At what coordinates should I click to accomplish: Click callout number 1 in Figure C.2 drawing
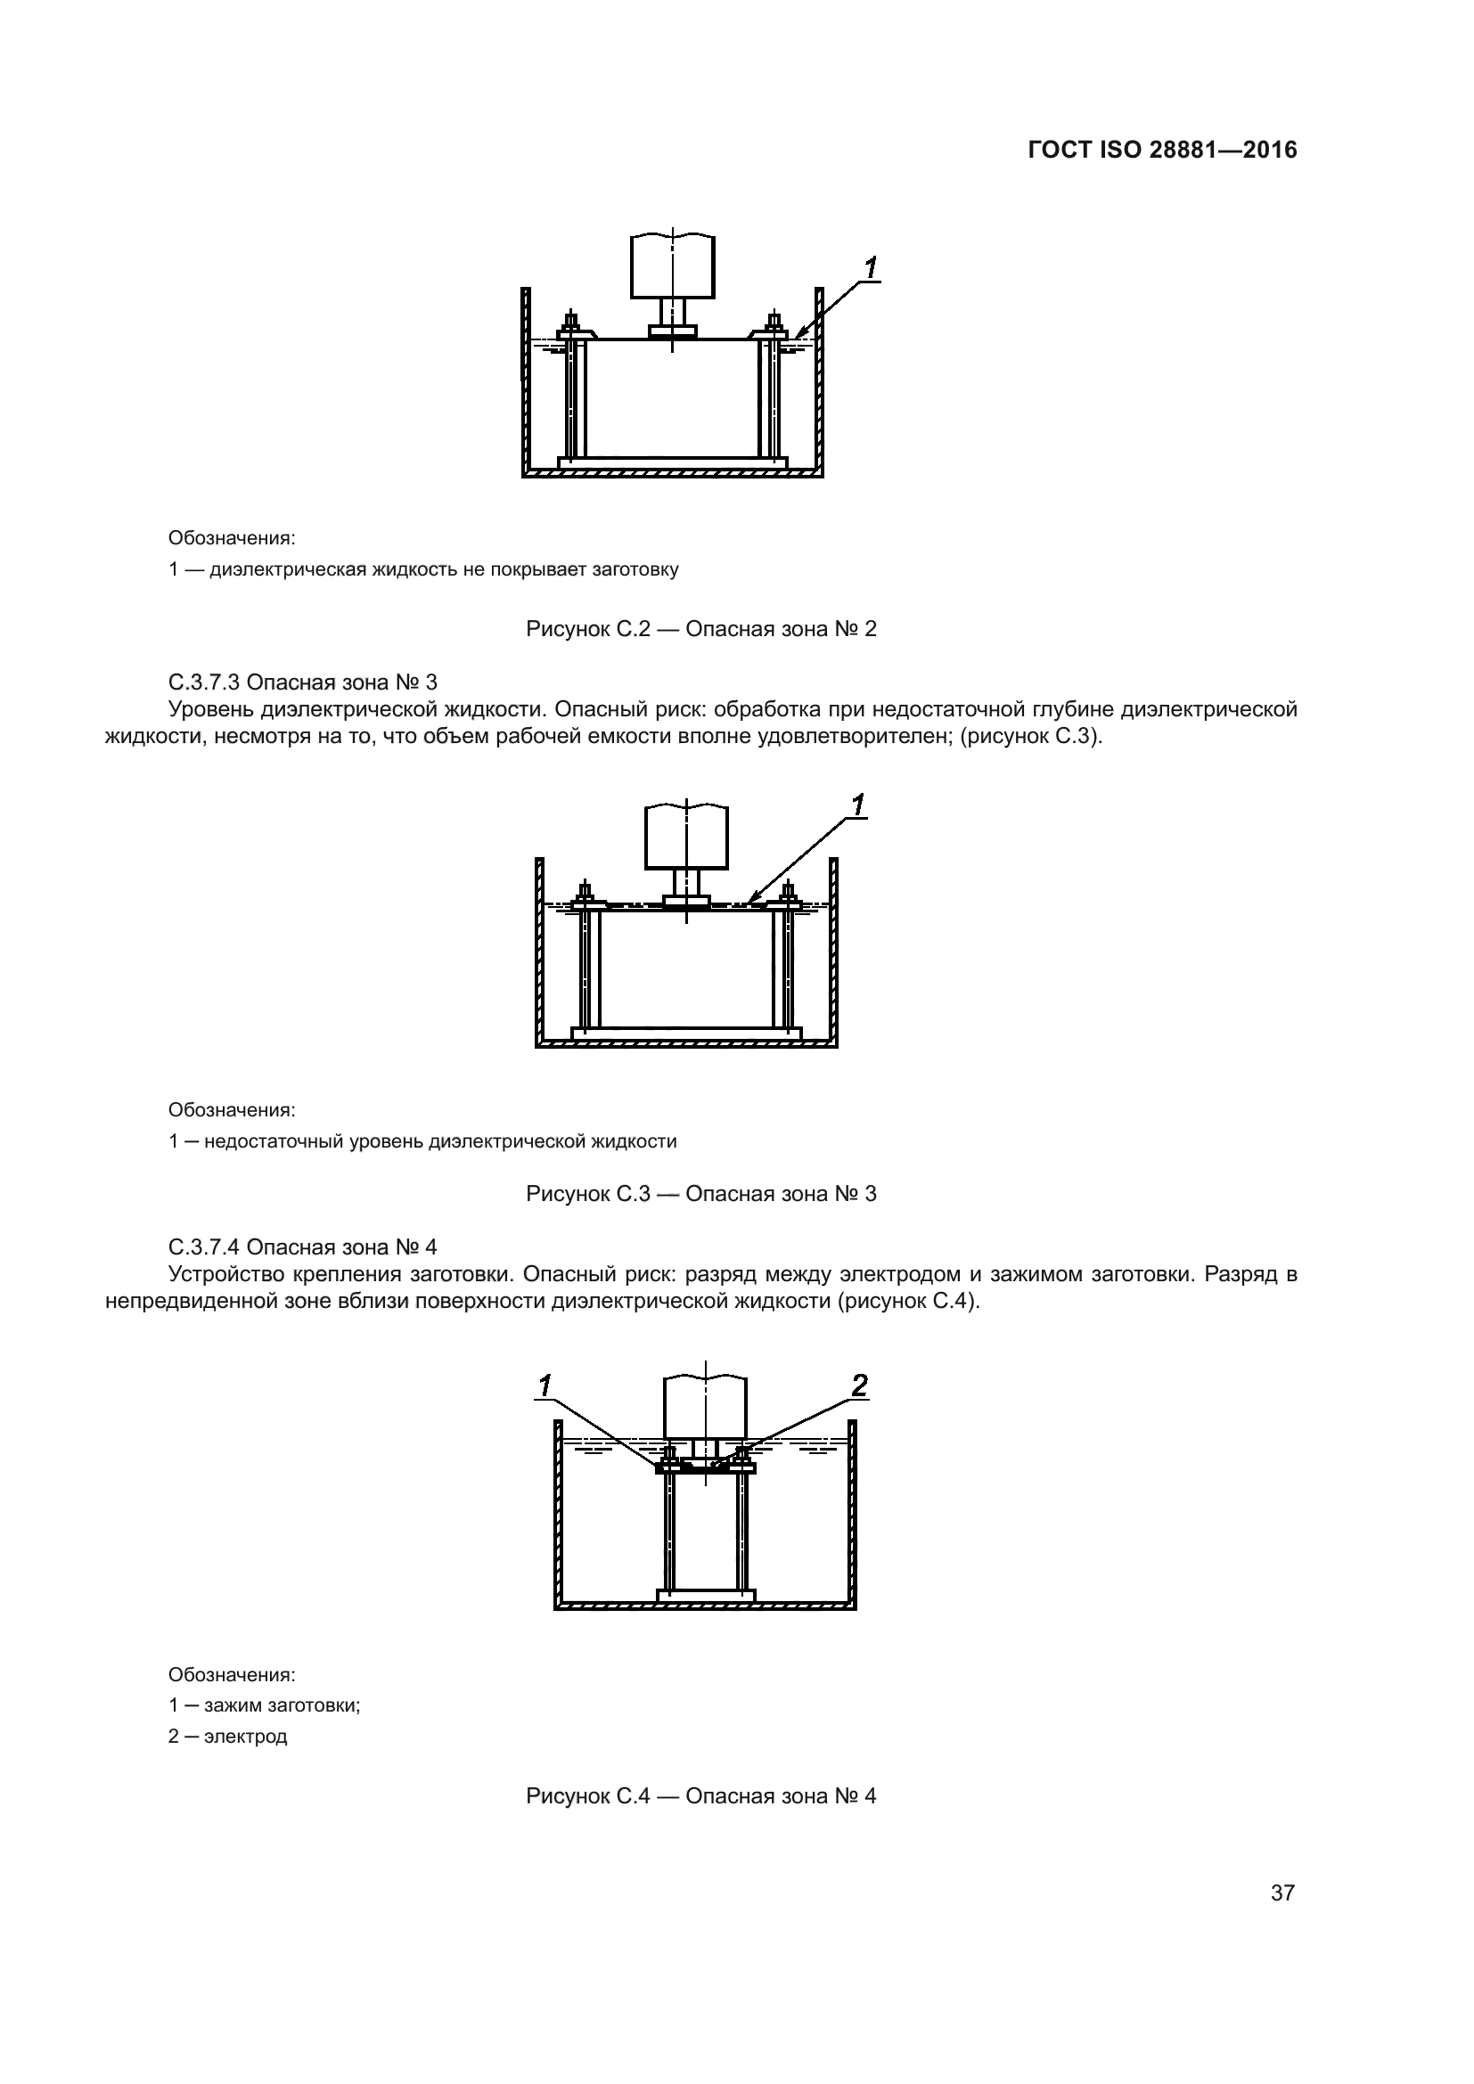coord(871,268)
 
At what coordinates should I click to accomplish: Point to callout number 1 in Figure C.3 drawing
coord(857,805)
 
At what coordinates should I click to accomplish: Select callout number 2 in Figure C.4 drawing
coord(858,1385)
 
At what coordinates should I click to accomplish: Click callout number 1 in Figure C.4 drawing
coord(545,1385)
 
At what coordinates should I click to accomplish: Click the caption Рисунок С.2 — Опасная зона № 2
coord(700,629)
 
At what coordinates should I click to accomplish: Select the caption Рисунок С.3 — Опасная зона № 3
coord(700,1194)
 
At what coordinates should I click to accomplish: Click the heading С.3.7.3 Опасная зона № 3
coord(303,682)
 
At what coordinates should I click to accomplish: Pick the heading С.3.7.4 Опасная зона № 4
coord(303,1246)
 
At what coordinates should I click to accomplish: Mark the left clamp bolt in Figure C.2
coord(571,324)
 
